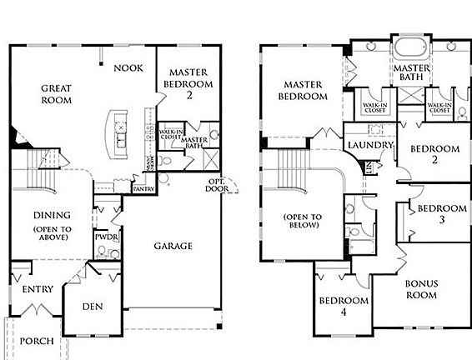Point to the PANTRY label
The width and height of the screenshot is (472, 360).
tap(143, 189)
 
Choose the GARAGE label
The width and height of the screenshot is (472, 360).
tap(173, 246)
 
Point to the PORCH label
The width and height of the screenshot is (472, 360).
tap(36, 340)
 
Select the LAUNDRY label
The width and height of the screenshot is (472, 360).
tap(370, 145)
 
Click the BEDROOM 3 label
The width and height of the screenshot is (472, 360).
tap(440, 215)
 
